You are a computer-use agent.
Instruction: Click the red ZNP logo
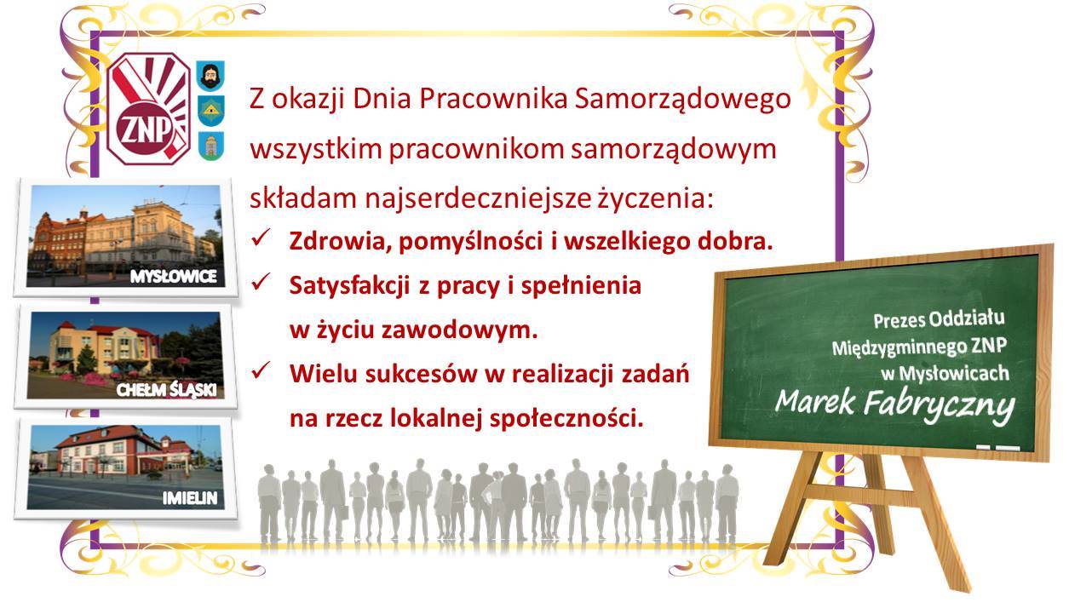click(x=149, y=109)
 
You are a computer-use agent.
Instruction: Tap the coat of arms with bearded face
click(x=207, y=75)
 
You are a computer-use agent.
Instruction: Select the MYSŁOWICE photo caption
click(x=174, y=276)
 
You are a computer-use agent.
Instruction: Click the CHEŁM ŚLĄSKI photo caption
click(x=166, y=390)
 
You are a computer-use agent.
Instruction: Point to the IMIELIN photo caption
click(x=192, y=497)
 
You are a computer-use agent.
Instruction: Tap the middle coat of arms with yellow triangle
click(x=207, y=109)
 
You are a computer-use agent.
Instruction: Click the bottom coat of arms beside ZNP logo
click(x=207, y=146)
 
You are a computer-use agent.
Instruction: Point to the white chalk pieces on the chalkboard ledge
click(x=997, y=446)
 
